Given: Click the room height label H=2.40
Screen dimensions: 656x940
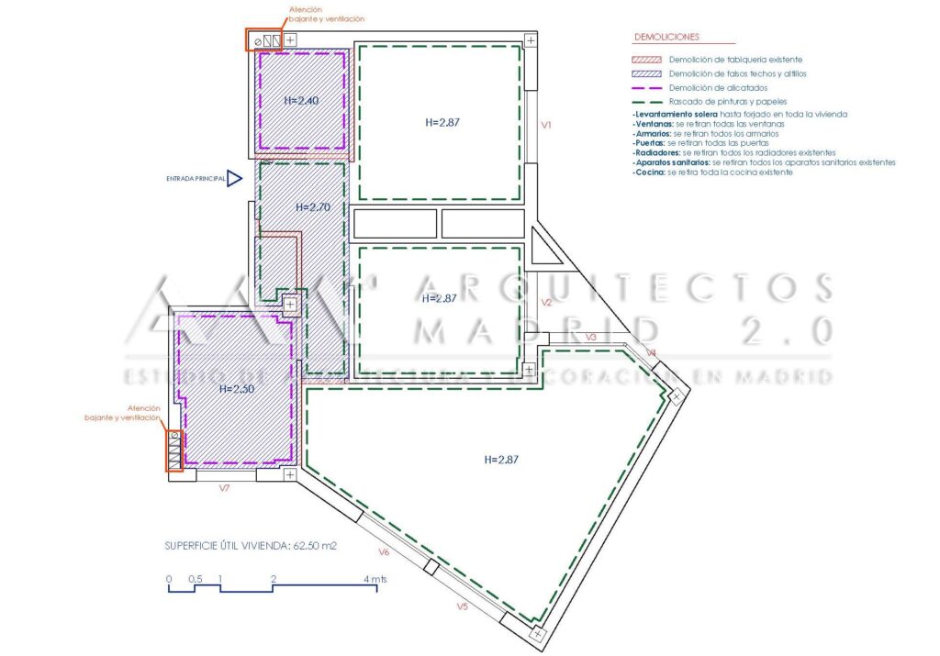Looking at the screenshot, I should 301,101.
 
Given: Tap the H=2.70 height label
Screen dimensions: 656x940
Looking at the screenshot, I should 313,207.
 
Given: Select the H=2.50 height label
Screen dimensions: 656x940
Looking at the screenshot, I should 236,388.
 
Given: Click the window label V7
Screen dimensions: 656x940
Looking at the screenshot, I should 223,489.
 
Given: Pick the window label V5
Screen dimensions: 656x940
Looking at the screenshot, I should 463,606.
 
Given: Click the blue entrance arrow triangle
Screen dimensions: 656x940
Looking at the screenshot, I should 235,179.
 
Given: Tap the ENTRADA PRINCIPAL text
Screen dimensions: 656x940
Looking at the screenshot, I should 195,179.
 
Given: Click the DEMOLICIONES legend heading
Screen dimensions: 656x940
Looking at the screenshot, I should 666,38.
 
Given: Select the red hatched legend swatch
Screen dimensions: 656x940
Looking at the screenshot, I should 647,59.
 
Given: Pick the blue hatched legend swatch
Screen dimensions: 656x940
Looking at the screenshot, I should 647,73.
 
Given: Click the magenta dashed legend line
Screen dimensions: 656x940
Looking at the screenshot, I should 647,87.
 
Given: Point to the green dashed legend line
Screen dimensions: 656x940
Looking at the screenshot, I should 647,101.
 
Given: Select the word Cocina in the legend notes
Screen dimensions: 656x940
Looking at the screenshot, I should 649,172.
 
